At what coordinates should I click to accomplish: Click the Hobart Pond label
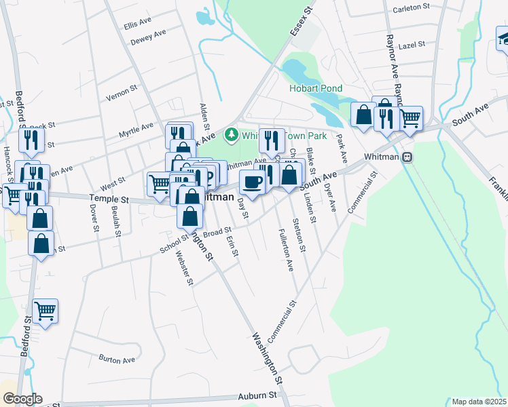pos(316,88)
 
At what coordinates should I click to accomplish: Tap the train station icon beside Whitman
pos(407,157)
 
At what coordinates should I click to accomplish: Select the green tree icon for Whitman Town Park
pos(231,135)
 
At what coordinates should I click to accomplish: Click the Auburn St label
pos(258,395)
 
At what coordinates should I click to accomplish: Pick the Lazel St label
pos(412,44)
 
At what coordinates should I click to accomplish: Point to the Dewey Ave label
pos(148,38)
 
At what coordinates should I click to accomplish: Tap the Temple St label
pos(109,199)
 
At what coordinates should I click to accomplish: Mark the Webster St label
pos(182,268)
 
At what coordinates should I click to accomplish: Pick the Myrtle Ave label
pos(137,127)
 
